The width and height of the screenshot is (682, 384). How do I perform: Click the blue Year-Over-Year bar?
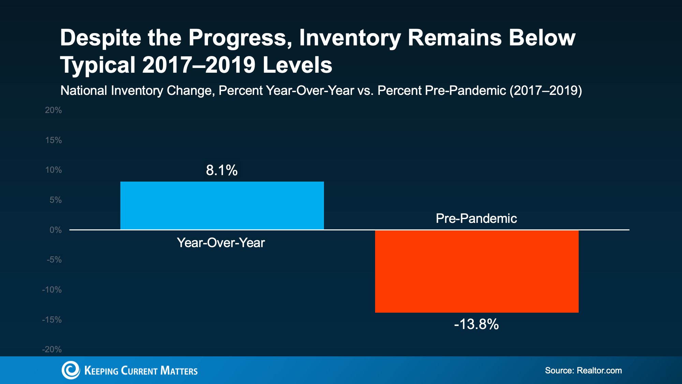point(222,205)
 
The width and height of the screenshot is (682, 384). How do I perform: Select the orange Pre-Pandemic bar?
point(477,271)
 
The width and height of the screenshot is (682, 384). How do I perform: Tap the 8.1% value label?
point(222,170)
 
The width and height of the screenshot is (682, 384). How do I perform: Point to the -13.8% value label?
point(476,324)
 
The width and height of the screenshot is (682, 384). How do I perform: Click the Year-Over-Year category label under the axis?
point(221,243)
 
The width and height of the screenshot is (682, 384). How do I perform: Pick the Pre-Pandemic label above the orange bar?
point(476,218)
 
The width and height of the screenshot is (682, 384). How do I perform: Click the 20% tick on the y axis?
point(54,110)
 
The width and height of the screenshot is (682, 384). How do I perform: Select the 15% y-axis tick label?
point(54,140)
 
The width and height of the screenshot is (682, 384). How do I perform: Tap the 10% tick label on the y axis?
point(54,170)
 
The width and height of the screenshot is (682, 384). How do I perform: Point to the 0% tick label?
point(56,230)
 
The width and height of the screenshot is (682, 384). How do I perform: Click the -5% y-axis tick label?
point(54,260)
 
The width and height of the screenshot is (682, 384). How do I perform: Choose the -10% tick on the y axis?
point(52,290)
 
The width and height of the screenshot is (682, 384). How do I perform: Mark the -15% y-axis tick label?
point(52,320)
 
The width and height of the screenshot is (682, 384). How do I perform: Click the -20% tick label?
point(52,350)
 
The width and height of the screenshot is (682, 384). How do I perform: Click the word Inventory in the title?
point(350,38)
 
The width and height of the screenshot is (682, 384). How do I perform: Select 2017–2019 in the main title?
point(199,65)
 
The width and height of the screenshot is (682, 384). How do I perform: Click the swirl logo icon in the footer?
point(71,370)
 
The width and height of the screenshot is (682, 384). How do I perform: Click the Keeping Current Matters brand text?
point(141,371)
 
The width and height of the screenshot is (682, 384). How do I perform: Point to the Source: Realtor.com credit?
point(583,370)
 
